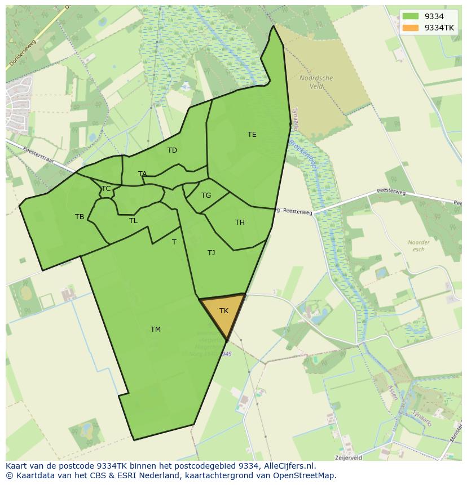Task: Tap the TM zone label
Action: pyautogui.click(x=156, y=330)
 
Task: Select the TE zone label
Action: pyautogui.click(x=252, y=135)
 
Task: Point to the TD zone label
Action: pyautogui.click(x=172, y=150)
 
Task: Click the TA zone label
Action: pyautogui.click(x=143, y=174)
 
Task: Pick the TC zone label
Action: pyautogui.click(x=106, y=189)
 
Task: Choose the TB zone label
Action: pyautogui.click(x=80, y=217)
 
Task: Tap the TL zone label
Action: pyautogui.click(x=133, y=221)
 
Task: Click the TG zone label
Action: pyautogui.click(x=206, y=195)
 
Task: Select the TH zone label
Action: pyautogui.click(x=240, y=223)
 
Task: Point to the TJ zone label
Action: pyautogui.click(x=211, y=253)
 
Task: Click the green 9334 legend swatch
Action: pyautogui.click(x=411, y=17)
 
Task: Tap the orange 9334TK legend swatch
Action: pyautogui.click(x=411, y=28)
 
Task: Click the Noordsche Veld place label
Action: pyautogui.click(x=316, y=82)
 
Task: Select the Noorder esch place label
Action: pyautogui.click(x=418, y=246)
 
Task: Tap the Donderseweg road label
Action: pyautogui.click(x=21, y=55)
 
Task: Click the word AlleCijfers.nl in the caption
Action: pyautogui.click(x=289, y=466)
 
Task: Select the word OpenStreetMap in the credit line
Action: pyautogui.click(x=305, y=475)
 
